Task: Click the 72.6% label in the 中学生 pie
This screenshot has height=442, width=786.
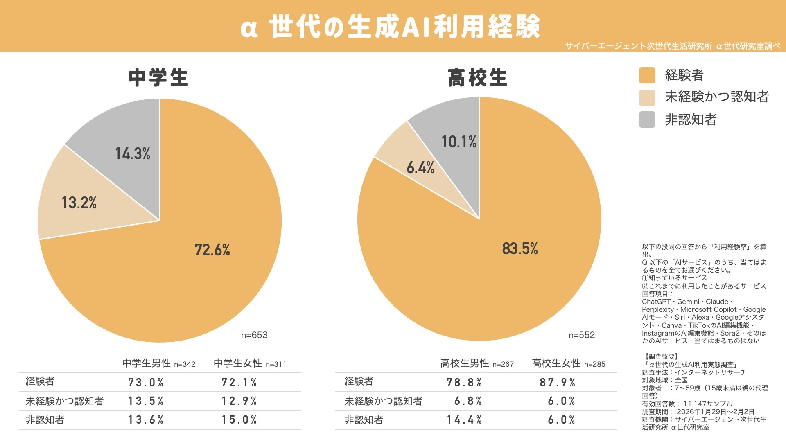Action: (212, 250)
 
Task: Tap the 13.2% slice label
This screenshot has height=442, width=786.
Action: (79, 203)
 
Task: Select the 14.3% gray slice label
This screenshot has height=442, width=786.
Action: (133, 154)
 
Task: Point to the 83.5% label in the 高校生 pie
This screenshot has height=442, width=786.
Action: (520, 248)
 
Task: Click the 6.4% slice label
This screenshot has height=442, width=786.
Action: (420, 167)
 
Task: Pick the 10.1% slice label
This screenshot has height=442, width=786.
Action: (458, 142)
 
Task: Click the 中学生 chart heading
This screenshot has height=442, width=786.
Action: (158, 78)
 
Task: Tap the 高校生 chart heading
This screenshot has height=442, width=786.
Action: (478, 78)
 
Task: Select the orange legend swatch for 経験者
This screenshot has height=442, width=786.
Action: (647, 75)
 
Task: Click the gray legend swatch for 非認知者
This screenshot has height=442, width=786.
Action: (647, 120)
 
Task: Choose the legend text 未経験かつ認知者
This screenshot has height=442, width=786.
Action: (717, 97)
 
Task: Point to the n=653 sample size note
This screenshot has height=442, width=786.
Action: (254, 335)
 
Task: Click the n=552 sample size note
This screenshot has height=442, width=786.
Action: (582, 335)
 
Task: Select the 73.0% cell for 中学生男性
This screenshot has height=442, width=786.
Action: (146, 383)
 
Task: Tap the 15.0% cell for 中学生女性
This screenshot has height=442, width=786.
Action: (239, 420)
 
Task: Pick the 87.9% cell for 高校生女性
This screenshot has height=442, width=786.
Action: (558, 383)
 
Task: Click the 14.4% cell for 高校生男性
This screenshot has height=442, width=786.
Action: (464, 420)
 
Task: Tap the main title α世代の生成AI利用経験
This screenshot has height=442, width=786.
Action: (391, 27)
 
